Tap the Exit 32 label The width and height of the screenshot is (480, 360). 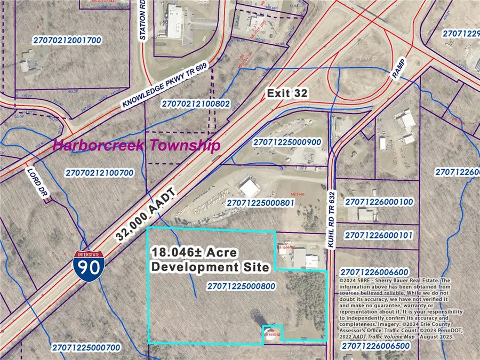tap(287, 93)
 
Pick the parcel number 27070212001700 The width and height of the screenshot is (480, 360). tap(66, 41)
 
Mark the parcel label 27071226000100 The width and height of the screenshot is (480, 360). tap(379, 202)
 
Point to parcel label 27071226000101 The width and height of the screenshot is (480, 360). tap(379, 235)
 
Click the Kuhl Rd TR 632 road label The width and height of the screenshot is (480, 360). tap(331, 219)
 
